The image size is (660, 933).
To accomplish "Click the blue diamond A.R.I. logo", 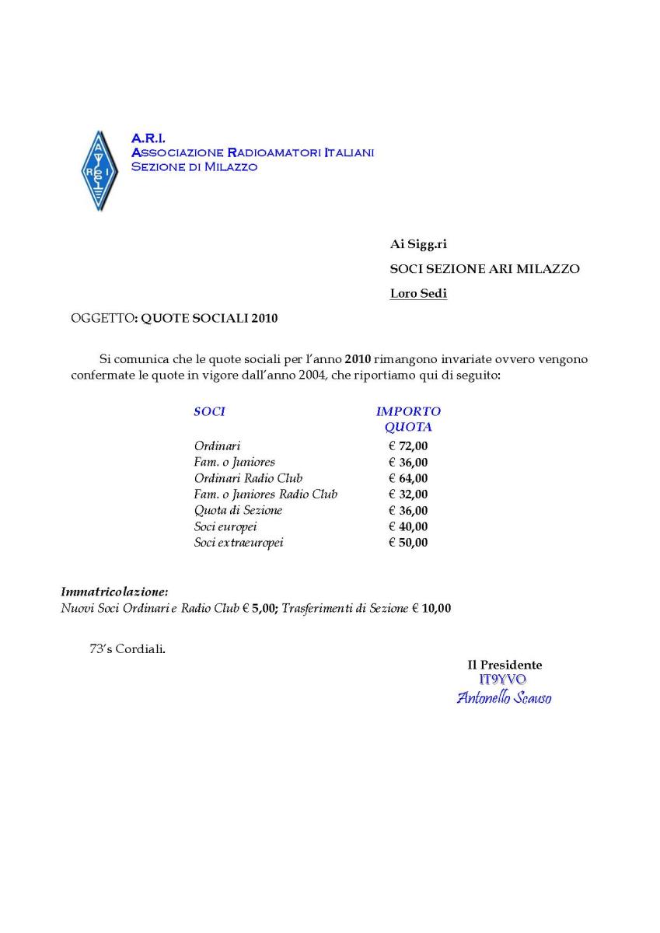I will coord(99,171).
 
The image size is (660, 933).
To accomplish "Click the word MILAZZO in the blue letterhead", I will coord(230,167).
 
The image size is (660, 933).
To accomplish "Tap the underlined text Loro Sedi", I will coord(418,294).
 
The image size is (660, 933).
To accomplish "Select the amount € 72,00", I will coord(408,446).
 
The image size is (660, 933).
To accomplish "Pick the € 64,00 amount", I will coord(408,478).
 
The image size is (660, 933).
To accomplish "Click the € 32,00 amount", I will coord(408,494).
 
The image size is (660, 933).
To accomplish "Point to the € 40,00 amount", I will coord(408,526).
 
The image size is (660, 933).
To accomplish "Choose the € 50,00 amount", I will coord(408,543).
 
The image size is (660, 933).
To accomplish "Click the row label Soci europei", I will coord(225,526).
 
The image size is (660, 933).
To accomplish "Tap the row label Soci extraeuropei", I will coord(239,543).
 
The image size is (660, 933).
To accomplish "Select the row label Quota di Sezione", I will coord(238,511).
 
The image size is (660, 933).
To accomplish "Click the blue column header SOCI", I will coord(209,411).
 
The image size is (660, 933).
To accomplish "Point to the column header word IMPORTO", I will coord(408,411).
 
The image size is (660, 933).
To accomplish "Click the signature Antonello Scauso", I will coord(504,697).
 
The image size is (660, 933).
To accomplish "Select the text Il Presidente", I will coord(505,665).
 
